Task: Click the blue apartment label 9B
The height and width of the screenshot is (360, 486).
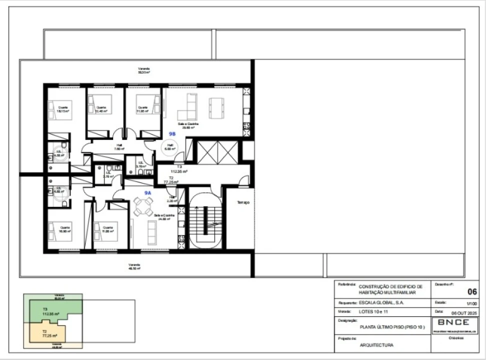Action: pyautogui.click(x=172, y=134)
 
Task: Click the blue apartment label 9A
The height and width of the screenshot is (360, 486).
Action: pyautogui.click(x=148, y=192)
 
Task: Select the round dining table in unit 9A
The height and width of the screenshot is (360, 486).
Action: pyautogui.click(x=144, y=206)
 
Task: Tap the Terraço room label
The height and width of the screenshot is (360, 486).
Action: pyautogui.click(x=243, y=202)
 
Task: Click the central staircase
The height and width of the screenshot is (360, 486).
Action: pyautogui.click(x=205, y=220)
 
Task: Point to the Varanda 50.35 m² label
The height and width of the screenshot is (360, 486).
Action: pyautogui.click(x=144, y=70)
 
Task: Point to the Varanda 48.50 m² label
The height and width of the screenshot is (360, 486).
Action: pyautogui.click(x=134, y=266)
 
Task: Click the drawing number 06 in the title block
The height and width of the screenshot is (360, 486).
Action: pyautogui.click(x=471, y=292)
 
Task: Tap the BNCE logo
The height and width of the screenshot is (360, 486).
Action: pyautogui.click(x=453, y=322)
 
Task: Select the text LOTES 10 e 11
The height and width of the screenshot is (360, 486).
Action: pyautogui.click(x=373, y=312)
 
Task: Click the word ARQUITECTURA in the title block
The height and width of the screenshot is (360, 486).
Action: pyautogui.click(x=376, y=345)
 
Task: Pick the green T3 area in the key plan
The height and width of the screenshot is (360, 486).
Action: pyautogui.click(x=50, y=312)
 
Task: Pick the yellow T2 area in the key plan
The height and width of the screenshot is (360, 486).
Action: pyautogui.click(x=50, y=334)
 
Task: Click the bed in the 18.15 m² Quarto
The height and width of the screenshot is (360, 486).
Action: pyautogui.click(x=59, y=109)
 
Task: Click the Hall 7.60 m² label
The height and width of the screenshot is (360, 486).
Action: pyautogui.click(x=119, y=147)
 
